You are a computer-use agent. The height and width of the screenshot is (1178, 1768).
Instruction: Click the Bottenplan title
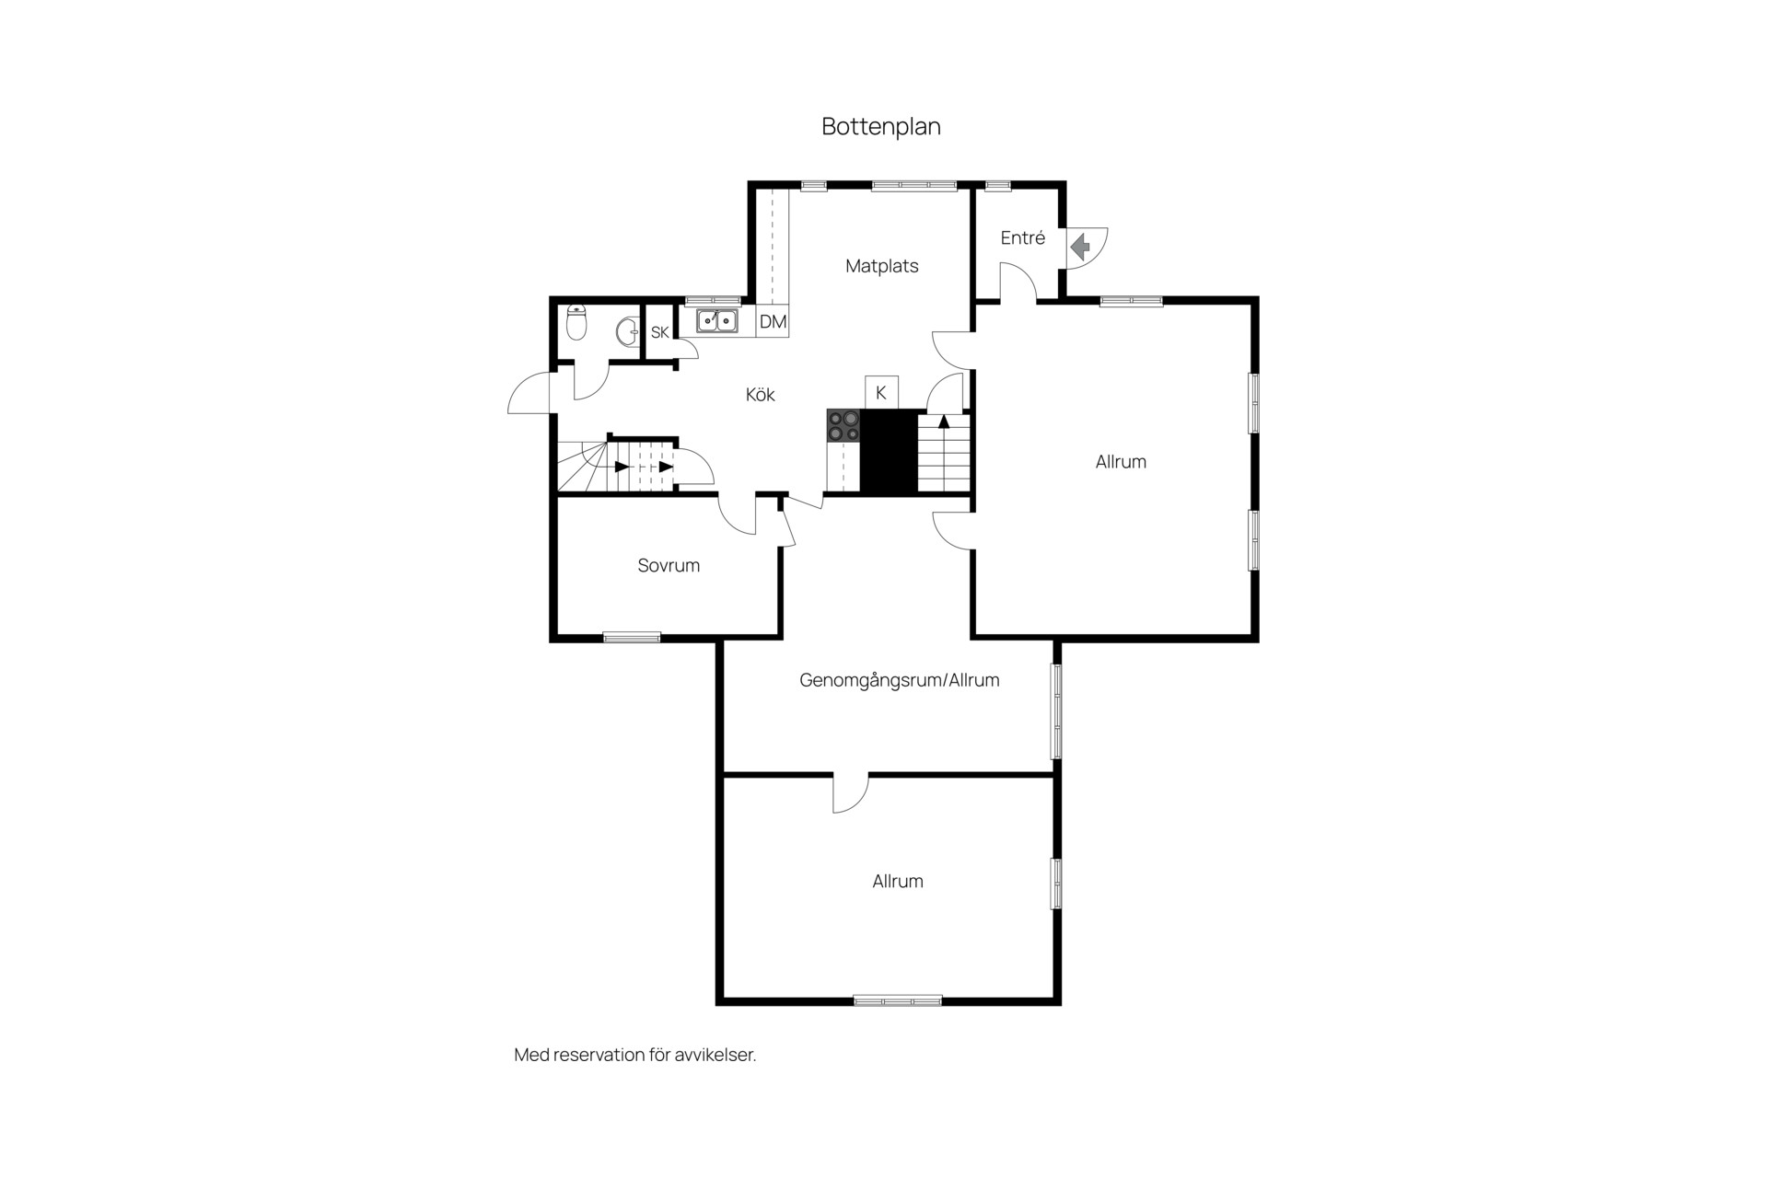[x=881, y=126]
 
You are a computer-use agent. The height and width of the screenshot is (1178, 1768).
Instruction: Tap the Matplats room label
[x=882, y=266]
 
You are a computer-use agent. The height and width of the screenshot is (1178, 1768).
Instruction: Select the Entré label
[x=1023, y=237]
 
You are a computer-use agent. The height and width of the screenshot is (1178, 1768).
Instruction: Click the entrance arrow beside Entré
[x=1080, y=247]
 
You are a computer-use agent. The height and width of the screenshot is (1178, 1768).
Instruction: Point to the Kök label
[x=761, y=395]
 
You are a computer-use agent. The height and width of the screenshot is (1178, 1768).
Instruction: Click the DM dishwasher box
[x=773, y=321]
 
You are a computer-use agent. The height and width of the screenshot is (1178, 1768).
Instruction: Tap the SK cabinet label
[x=660, y=332]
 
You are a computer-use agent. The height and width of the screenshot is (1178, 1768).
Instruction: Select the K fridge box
[x=881, y=392]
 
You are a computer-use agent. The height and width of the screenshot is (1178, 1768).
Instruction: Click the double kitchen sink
[x=716, y=320]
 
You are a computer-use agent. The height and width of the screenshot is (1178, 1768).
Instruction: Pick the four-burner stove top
[x=843, y=425]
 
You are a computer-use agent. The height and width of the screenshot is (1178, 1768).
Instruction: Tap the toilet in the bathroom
[x=576, y=322]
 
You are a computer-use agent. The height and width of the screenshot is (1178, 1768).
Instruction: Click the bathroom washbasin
[x=628, y=331]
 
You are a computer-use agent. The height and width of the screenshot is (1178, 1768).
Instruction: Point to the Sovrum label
[x=669, y=566]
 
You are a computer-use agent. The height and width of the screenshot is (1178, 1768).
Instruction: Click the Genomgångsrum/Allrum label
[x=900, y=681]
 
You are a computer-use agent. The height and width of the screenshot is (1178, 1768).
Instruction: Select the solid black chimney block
[x=890, y=451]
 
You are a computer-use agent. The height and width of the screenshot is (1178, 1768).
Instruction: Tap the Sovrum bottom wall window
[x=632, y=637]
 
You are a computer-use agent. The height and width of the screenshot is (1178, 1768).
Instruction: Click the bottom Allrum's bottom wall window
[x=898, y=1000]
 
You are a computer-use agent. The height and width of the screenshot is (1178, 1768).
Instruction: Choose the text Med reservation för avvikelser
[x=635, y=1055]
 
